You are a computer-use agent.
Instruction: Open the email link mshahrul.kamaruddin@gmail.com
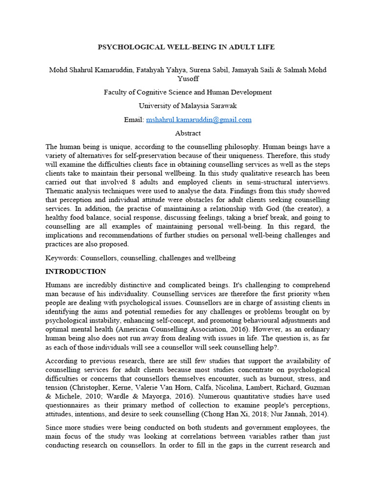click(198, 119)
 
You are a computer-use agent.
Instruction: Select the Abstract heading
click(188, 133)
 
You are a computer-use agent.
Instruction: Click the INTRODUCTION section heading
click(75, 271)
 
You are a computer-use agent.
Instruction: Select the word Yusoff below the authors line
click(188, 78)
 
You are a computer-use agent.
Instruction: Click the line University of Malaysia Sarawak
click(188, 106)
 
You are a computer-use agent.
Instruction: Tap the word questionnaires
click(69, 405)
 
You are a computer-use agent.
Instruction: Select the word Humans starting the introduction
click(59, 285)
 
